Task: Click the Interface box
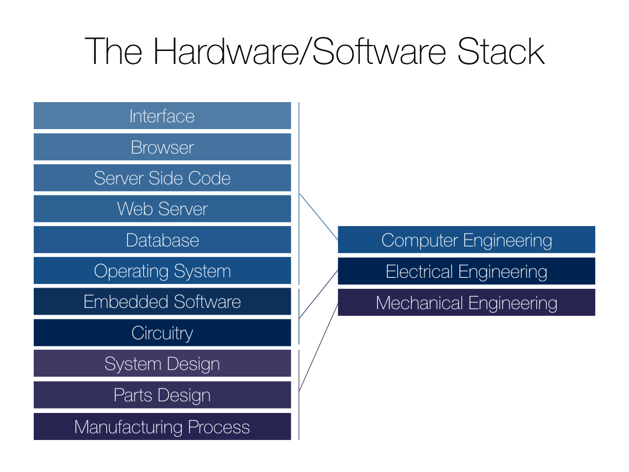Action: pyautogui.click(x=162, y=116)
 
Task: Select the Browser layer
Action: pyautogui.click(x=162, y=147)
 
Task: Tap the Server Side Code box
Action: pyautogui.click(x=162, y=178)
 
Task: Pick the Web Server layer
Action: pyautogui.click(x=162, y=209)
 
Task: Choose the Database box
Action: pyautogui.click(x=162, y=240)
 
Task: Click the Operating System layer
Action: pyautogui.click(x=162, y=271)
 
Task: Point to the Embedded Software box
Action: pyautogui.click(x=162, y=302)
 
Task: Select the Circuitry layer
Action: pyautogui.click(x=162, y=333)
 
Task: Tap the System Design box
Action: pyautogui.click(x=162, y=364)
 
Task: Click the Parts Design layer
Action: pyautogui.click(x=162, y=395)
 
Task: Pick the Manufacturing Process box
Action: pyautogui.click(x=162, y=427)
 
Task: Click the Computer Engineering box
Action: pyautogui.click(x=466, y=240)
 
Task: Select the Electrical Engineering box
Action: pyautogui.click(x=466, y=271)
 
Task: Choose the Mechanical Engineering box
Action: pyautogui.click(x=466, y=302)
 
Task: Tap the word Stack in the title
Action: pyautogui.click(x=501, y=52)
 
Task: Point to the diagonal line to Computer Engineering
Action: pyautogui.click(x=318, y=217)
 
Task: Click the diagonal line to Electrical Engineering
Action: pyautogui.click(x=318, y=294)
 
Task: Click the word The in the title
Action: pyautogui.click(x=114, y=52)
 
